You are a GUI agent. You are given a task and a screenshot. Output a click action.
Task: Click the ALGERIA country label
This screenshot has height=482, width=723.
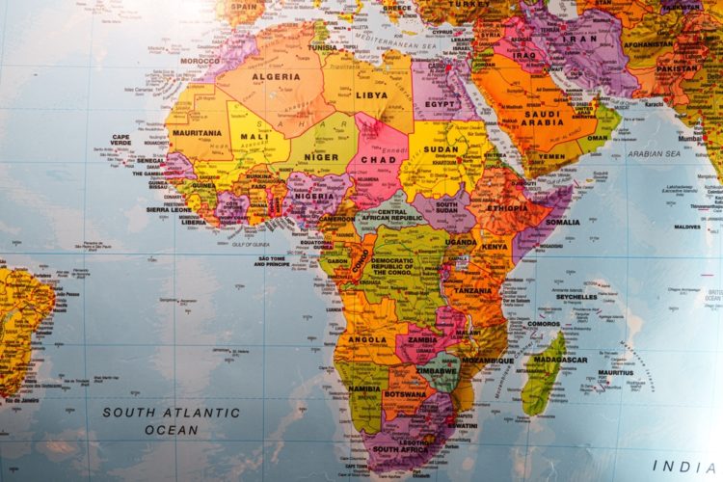(x=276, y=76)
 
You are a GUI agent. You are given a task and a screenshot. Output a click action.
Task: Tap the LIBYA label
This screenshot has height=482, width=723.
(x=371, y=95)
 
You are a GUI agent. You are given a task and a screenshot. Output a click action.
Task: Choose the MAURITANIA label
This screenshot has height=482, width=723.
(x=198, y=133)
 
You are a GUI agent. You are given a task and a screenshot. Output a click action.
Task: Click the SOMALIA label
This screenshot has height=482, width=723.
(x=562, y=222)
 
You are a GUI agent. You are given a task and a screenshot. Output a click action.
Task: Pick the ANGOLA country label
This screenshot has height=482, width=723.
(x=369, y=339)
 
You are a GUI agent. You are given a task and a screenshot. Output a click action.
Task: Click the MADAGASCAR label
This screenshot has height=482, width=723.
(x=559, y=359)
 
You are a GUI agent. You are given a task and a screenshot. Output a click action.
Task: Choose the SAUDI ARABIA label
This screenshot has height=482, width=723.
(x=541, y=118)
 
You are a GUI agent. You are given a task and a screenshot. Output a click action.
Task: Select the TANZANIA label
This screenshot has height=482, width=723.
(x=472, y=290)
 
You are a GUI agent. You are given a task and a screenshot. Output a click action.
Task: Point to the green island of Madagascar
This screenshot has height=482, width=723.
(x=545, y=381)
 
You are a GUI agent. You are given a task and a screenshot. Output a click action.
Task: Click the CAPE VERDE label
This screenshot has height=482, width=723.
(x=120, y=141)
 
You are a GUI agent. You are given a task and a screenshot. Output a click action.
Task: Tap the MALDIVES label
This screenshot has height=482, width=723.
(x=688, y=228)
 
